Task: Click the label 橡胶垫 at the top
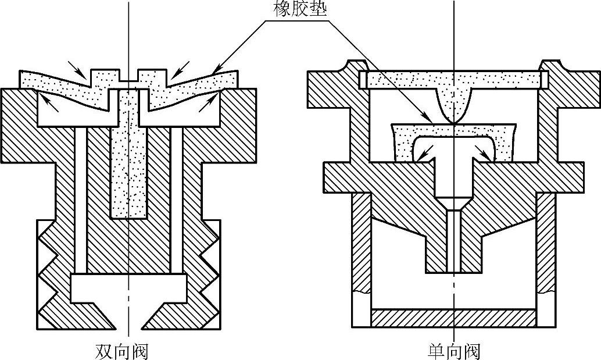pos(299,10)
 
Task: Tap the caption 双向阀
pos(121,351)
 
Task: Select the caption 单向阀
pos(454,351)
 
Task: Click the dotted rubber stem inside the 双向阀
pos(128,169)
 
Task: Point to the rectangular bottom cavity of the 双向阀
pos(128,287)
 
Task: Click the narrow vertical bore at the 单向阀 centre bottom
pos(453,241)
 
